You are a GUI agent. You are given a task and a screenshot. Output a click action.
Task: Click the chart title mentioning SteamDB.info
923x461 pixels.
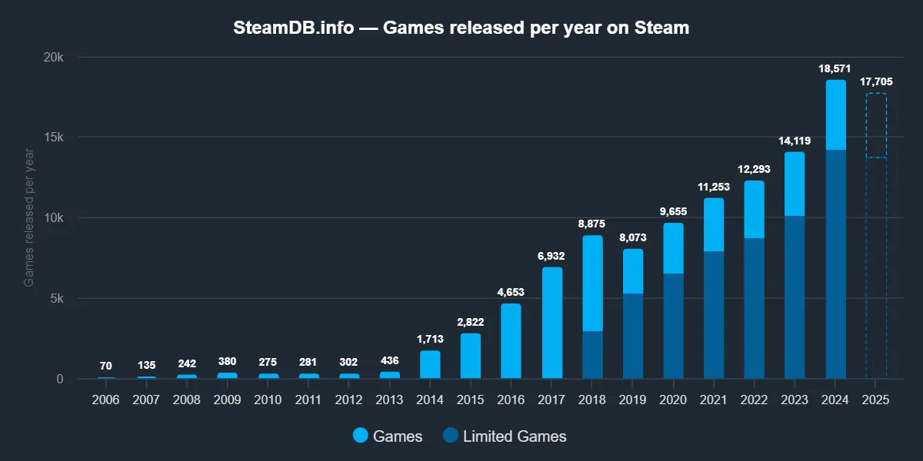click(x=461, y=28)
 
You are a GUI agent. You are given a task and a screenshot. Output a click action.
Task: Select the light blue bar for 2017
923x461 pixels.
click(x=551, y=323)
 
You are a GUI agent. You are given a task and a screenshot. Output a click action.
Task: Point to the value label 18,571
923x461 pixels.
click(x=835, y=69)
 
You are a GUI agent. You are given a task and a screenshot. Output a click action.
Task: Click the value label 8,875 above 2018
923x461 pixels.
click(x=592, y=224)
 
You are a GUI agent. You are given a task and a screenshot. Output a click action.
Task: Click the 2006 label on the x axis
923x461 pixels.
click(x=106, y=400)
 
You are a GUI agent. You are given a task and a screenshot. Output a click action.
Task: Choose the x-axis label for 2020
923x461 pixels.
click(x=673, y=400)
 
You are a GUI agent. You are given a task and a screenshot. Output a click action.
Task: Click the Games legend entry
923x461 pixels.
click(x=388, y=436)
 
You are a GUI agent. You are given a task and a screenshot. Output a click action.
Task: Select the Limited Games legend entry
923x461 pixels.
click(x=505, y=436)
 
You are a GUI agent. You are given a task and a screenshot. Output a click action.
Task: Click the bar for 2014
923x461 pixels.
click(x=430, y=365)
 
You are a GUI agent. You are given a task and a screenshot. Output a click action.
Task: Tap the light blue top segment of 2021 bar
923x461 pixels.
click(x=714, y=224)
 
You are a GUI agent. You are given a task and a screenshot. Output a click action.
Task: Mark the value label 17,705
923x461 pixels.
click(x=876, y=82)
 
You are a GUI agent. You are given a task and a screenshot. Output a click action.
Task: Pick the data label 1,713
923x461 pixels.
click(x=430, y=339)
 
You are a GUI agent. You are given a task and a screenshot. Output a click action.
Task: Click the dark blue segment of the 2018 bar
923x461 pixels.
click(x=592, y=355)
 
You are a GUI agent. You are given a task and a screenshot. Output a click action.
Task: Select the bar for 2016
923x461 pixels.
click(x=511, y=341)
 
